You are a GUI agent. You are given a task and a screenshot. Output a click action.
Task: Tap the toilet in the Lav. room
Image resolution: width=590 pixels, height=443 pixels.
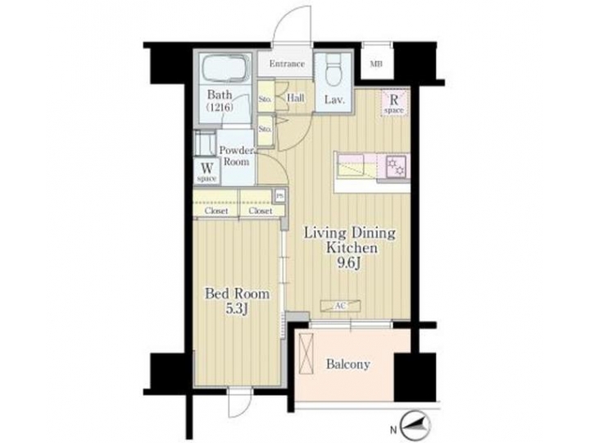click(x=333, y=76)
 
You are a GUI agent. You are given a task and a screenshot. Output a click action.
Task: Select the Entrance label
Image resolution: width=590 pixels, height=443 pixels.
click(x=286, y=64)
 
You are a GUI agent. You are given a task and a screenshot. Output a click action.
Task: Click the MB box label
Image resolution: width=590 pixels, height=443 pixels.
click(x=375, y=64)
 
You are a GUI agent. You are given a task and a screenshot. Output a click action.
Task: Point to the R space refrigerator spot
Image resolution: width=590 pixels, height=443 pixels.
click(x=394, y=103)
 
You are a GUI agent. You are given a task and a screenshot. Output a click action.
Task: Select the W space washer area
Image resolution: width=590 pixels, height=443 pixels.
click(x=206, y=171)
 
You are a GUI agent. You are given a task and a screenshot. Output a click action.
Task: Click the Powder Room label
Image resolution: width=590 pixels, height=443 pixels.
click(x=236, y=157)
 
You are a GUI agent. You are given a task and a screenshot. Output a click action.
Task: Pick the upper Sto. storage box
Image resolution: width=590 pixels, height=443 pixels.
click(x=265, y=99)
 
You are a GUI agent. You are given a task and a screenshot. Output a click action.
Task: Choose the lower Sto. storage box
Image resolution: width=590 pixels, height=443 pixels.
click(x=265, y=130)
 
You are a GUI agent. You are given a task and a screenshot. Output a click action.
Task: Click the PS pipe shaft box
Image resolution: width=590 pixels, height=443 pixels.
click(x=280, y=195)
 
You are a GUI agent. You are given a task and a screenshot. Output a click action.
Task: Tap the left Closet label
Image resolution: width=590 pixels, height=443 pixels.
click(x=216, y=211)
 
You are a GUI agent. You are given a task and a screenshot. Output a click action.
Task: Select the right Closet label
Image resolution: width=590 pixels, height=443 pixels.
click(x=261, y=211)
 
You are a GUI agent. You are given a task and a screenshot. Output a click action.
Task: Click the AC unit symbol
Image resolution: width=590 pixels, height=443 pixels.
click(x=339, y=305)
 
